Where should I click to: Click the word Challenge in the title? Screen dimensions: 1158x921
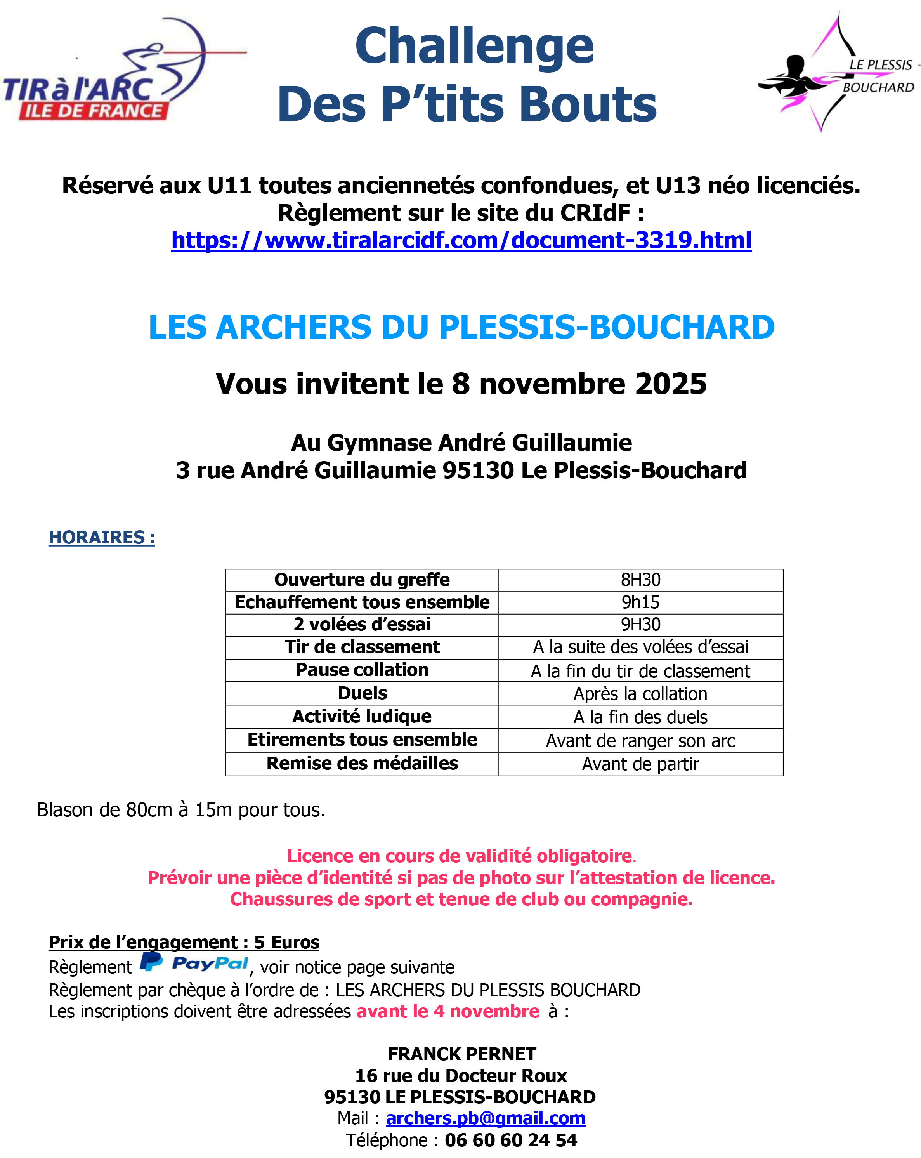tap(474, 46)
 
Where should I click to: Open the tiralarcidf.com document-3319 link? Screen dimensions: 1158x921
tap(461, 240)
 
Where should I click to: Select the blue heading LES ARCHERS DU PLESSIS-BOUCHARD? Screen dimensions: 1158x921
tap(461, 327)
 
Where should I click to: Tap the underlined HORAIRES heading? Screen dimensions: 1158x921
tap(102, 537)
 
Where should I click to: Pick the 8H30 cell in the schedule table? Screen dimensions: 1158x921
tap(640, 580)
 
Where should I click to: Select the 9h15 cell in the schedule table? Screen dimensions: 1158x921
tap(640, 602)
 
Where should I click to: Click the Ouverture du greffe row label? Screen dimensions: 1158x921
tap(362, 580)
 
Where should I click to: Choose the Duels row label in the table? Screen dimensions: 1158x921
tap(362, 693)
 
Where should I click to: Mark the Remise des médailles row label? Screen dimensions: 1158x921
tap(362, 764)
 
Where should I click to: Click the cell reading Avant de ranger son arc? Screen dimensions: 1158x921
tap(640, 741)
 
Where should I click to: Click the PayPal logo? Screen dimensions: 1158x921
tap(195, 963)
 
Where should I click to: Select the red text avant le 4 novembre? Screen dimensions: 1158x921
tap(448, 1012)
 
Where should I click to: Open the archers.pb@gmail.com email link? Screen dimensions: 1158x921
tap(486, 1118)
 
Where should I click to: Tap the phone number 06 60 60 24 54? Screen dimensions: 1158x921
tap(511, 1140)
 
